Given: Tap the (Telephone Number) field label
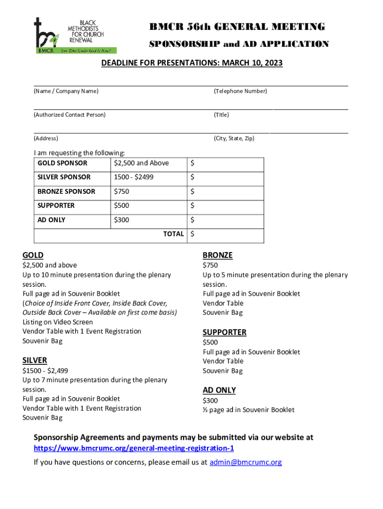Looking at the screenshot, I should tap(240, 91).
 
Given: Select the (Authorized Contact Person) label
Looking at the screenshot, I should tap(69, 115).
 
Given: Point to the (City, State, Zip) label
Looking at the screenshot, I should tap(234, 138).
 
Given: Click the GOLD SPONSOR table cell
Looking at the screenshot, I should tap(62, 163).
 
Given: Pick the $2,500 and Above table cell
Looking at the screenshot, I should tap(141, 163).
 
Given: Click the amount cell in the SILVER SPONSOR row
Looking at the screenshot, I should tap(225, 177).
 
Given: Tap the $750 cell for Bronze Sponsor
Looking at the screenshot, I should tap(121, 191).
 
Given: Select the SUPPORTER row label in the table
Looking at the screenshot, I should tap(56, 205).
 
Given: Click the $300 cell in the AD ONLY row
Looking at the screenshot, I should tap(121, 220).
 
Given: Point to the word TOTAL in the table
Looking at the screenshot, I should tap(174, 234).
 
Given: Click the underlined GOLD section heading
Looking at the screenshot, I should tap(33, 255).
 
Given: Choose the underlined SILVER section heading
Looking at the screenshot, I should tap(35, 360).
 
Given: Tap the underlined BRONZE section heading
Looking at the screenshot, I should tap(217, 255).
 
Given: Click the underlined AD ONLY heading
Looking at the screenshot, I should tap(219, 390).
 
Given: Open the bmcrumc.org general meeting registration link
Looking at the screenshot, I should tap(133, 448).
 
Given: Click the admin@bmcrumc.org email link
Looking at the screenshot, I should tap(245, 462).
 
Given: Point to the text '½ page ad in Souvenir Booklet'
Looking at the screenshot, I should tap(248, 410).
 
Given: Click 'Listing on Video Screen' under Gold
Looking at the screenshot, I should tap(58, 322).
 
